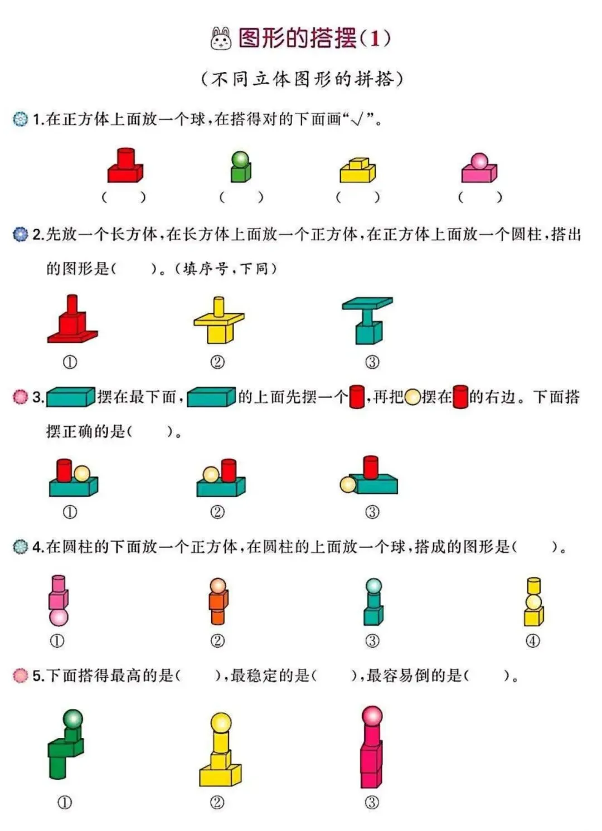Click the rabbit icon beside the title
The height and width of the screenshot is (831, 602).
click(221, 38)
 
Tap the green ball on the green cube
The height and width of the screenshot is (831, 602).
click(240, 159)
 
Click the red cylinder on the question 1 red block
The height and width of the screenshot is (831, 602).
click(125, 157)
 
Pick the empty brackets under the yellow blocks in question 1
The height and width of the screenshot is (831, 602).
click(358, 197)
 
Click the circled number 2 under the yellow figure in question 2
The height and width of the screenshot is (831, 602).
click(217, 362)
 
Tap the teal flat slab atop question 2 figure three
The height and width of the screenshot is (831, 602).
click(367, 303)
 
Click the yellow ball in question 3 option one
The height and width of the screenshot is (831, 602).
click(82, 474)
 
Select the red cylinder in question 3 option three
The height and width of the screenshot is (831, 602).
click(371, 467)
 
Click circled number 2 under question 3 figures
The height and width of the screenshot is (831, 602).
click(217, 512)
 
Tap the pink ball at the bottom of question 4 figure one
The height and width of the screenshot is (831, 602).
click(59, 617)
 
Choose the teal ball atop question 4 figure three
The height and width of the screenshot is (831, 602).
click(373, 586)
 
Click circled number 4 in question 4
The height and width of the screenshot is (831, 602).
click(533, 641)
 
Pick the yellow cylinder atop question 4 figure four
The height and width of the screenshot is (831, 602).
click(533, 585)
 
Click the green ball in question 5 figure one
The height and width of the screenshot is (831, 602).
click(73, 719)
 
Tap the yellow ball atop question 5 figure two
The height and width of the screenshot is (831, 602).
click(221, 722)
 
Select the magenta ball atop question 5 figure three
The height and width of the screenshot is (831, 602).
click(372, 716)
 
